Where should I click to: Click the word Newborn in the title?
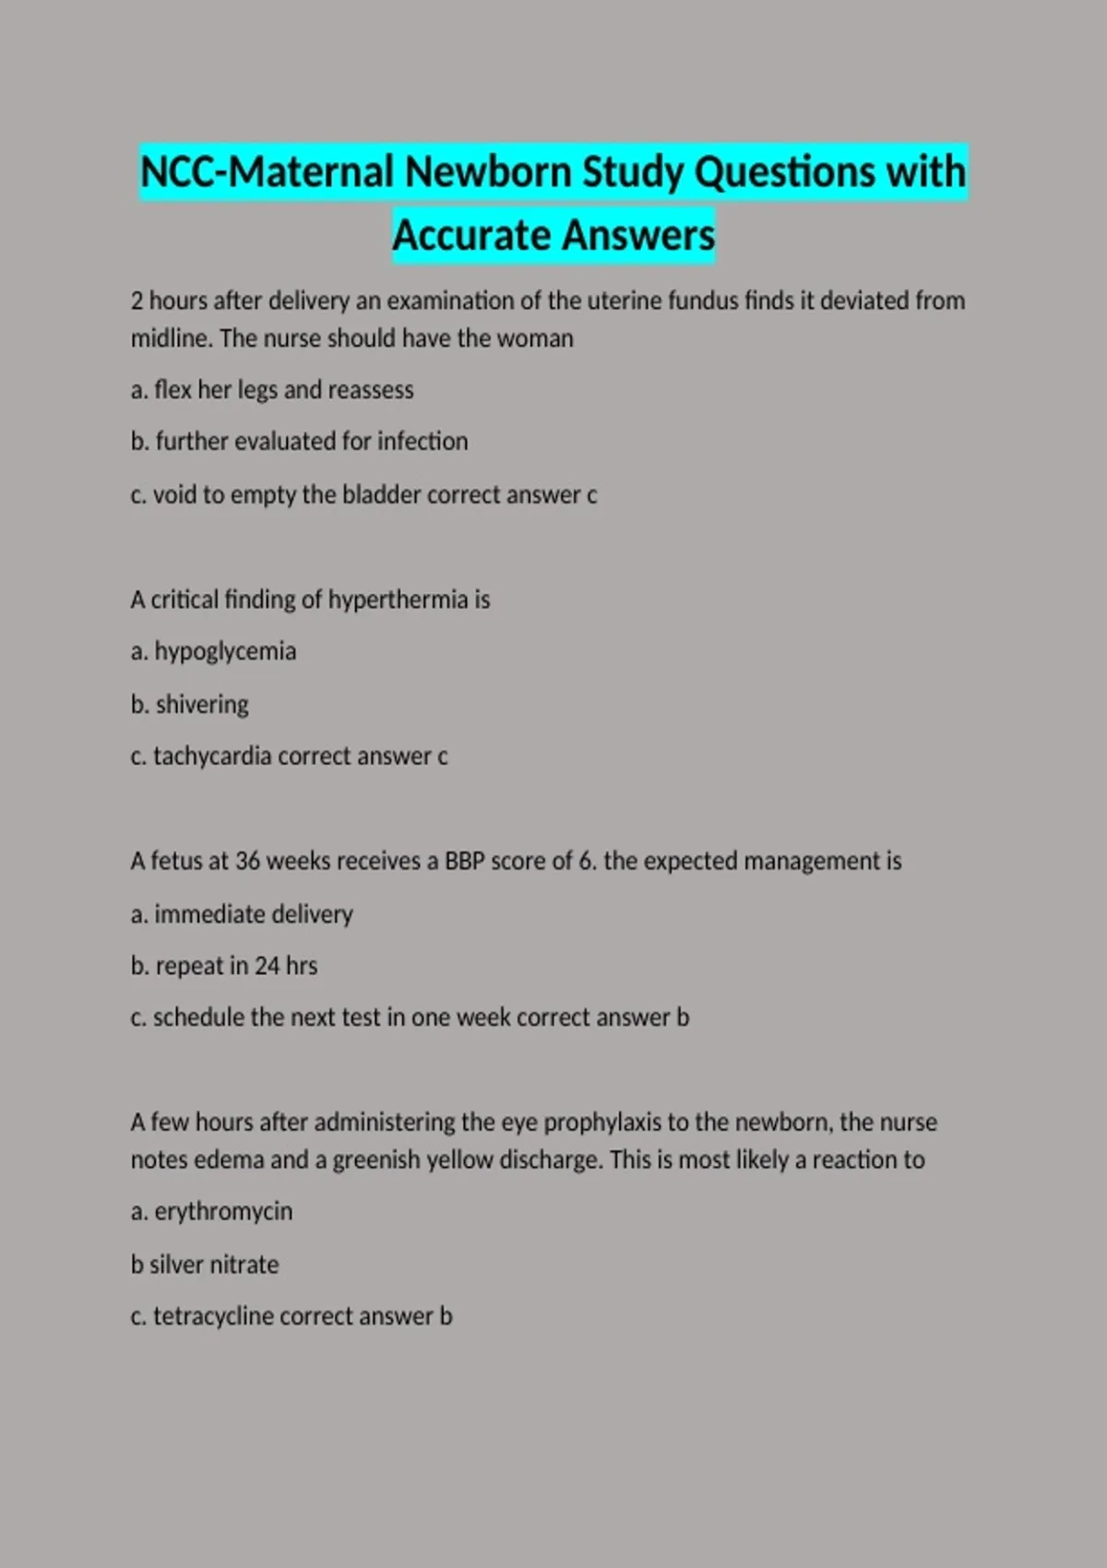[488, 172]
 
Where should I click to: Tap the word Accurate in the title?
[471, 235]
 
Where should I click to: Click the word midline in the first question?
[170, 339]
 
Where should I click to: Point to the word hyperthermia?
[398, 600]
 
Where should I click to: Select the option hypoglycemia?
[225, 652]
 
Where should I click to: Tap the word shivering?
[202, 705]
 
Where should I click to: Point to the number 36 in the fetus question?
[247, 861]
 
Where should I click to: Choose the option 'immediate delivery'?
[253, 914]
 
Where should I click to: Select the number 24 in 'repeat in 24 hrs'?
[267, 966]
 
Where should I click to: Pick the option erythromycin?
[223, 1211]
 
